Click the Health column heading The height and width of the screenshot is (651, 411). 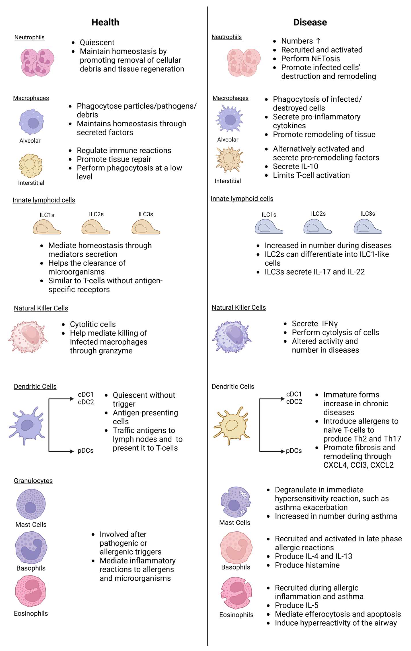[105, 22]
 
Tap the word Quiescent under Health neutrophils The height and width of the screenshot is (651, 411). [97, 42]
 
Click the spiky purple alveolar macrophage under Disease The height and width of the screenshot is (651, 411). [230, 119]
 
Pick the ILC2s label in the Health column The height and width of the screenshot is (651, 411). [96, 214]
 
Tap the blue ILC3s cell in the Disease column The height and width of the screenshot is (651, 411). [367, 227]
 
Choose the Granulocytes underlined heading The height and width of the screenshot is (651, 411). [33, 481]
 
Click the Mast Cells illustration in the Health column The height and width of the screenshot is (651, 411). [31, 504]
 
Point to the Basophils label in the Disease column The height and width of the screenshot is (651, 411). [236, 567]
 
